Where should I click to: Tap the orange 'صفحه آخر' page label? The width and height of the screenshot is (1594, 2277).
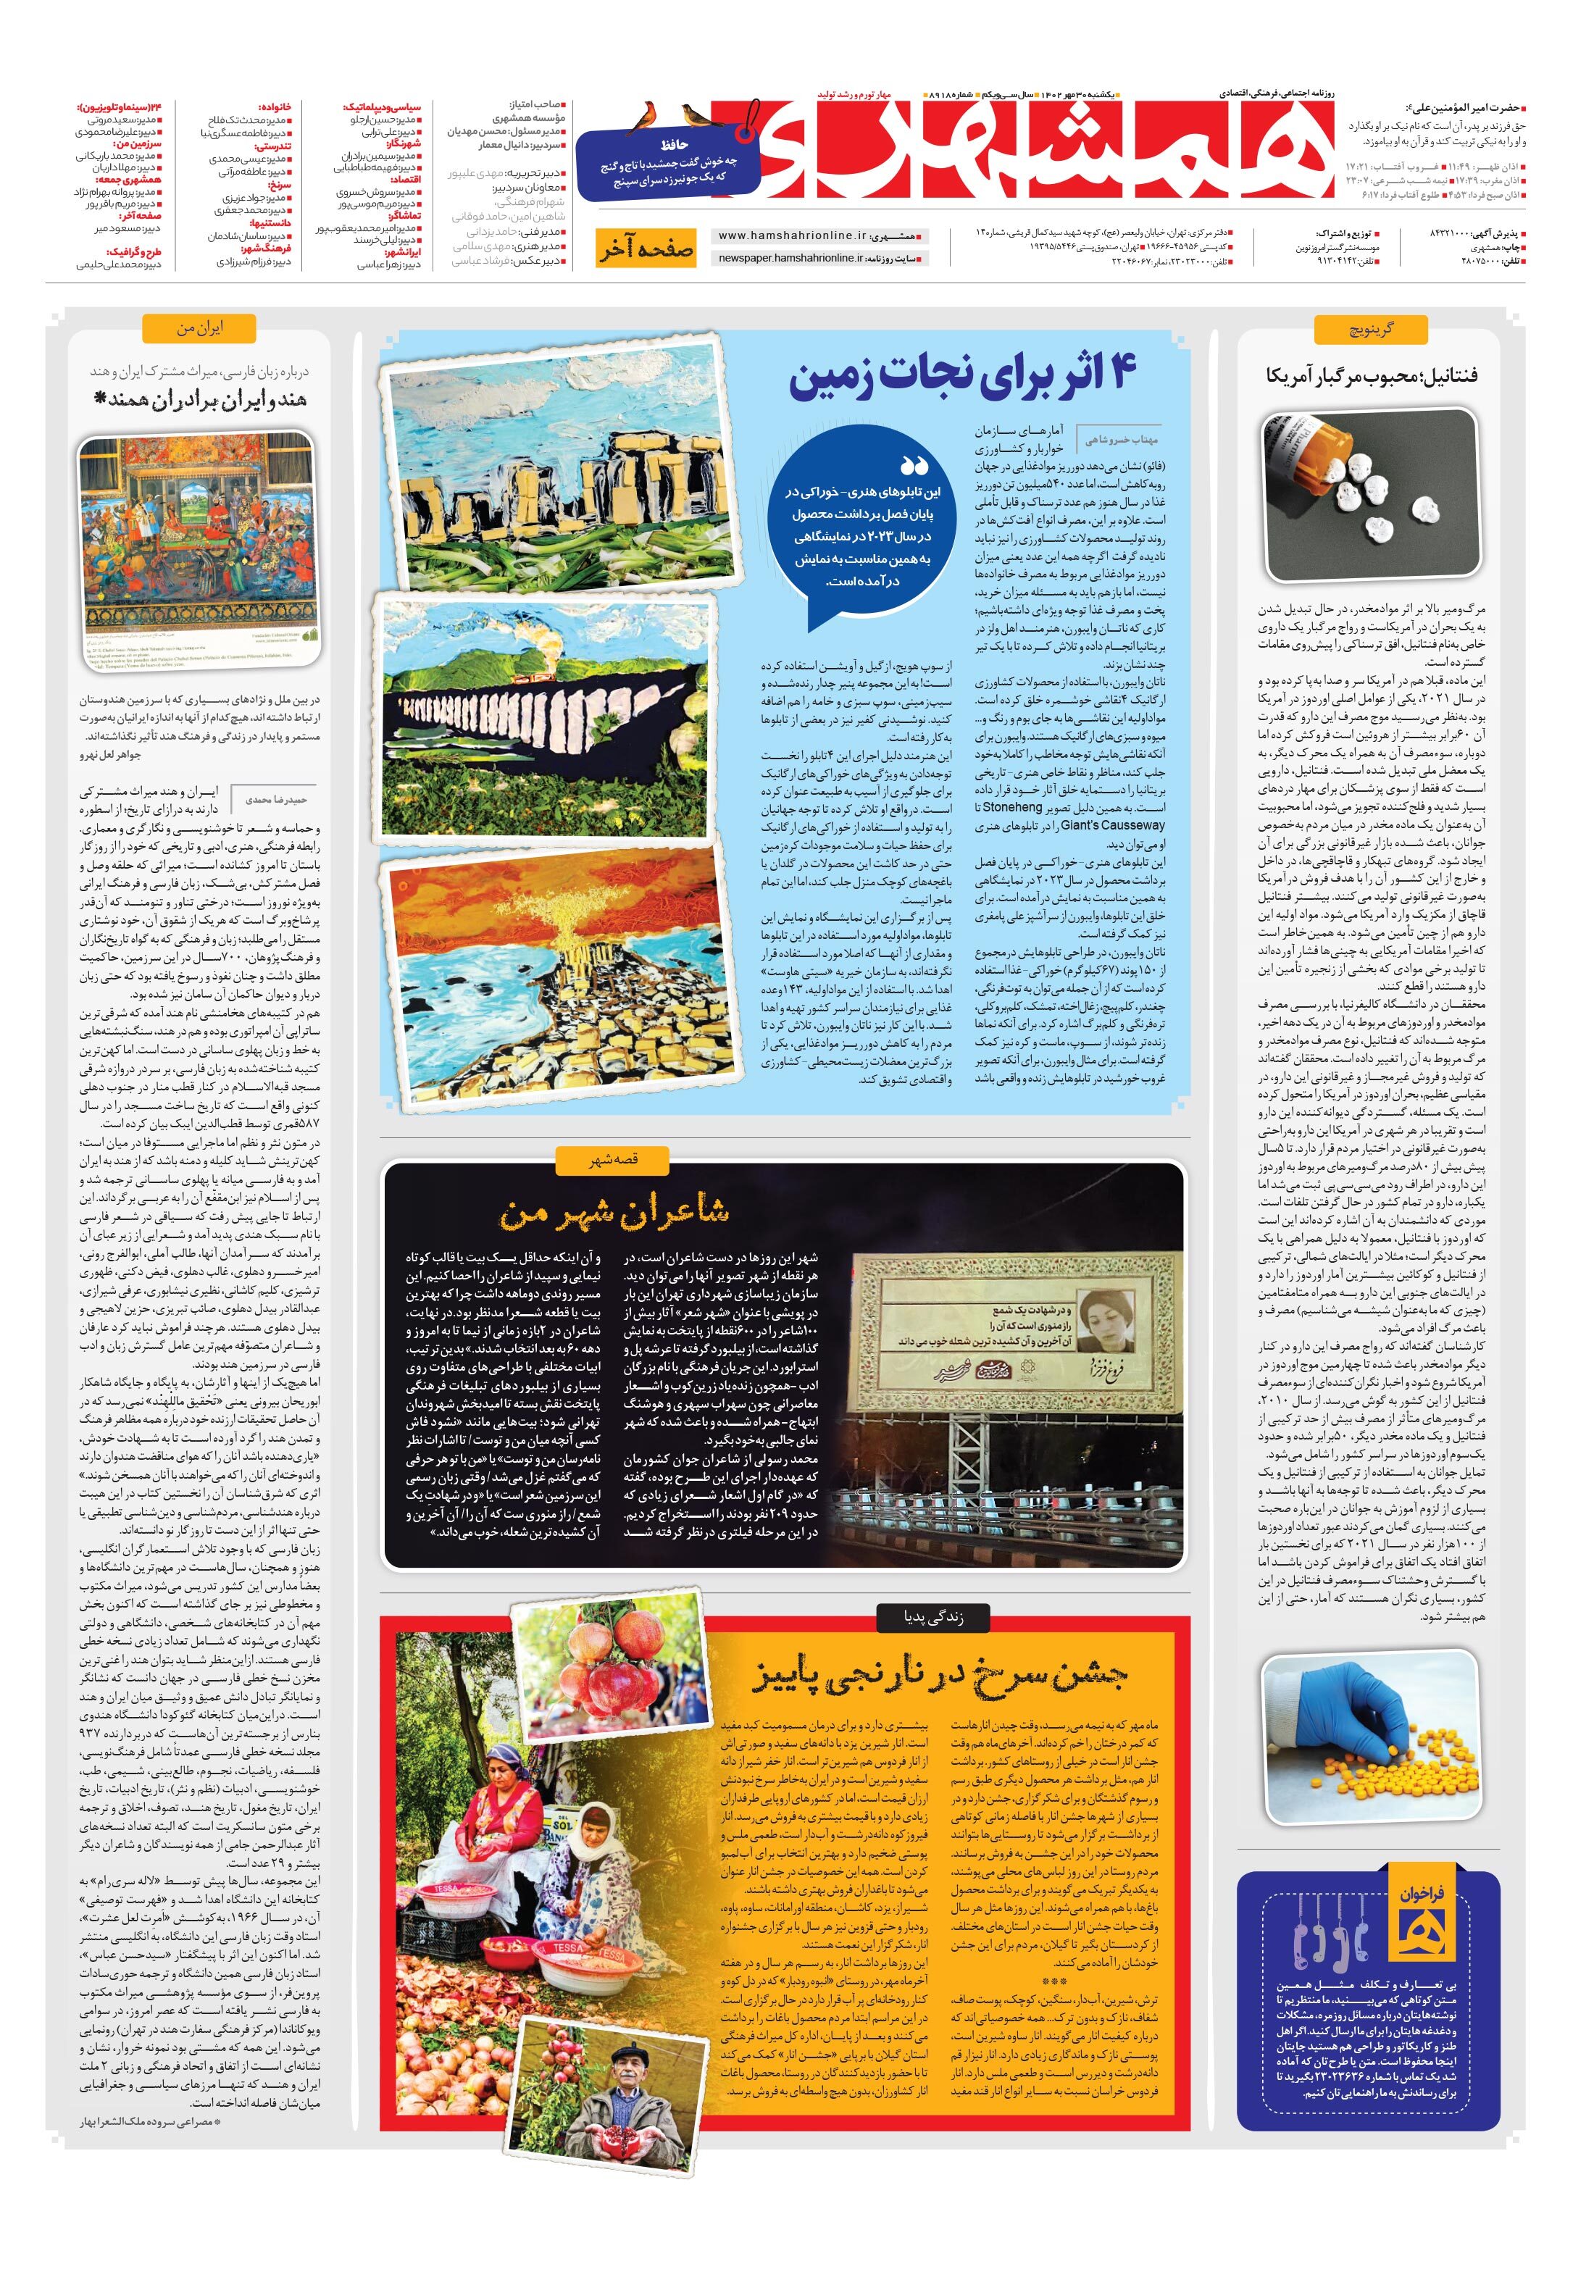(x=645, y=249)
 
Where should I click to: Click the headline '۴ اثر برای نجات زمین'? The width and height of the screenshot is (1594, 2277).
(x=962, y=377)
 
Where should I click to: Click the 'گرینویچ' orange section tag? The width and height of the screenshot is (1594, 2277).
(x=1370, y=329)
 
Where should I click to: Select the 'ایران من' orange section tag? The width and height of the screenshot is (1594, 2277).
(x=199, y=327)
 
